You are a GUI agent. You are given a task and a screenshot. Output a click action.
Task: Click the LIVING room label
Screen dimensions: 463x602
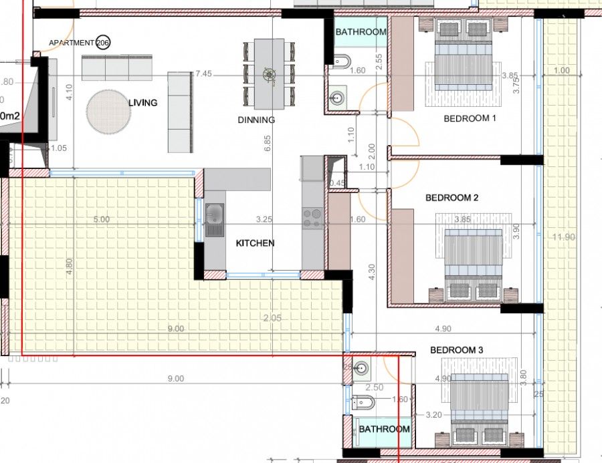tap(143, 103)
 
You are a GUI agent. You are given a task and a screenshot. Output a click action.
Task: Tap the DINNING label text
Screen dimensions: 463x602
tap(256, 120)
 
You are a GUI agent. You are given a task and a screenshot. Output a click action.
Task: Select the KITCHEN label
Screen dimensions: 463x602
tap(255, 243)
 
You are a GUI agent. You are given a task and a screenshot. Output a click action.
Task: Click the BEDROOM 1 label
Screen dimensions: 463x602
tap(470, 119)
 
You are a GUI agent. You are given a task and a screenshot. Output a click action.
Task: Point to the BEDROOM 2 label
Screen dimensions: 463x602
tap(451, 198)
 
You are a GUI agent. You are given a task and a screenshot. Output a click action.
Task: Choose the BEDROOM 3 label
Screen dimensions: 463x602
tap(456, 350)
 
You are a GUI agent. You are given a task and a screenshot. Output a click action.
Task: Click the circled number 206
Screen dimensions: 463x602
tap(103, 43)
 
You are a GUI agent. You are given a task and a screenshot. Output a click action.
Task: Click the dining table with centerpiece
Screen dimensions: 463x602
tap(270, 73)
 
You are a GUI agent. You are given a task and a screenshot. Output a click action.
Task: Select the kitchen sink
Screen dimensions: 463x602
tap(215, 220)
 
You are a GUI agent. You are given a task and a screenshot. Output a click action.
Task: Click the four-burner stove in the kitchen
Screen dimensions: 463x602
tap(312, 217)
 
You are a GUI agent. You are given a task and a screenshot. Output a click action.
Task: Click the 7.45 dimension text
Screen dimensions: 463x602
tap(203, 74)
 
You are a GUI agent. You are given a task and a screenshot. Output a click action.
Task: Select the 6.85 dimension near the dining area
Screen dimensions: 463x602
tap(267, 144)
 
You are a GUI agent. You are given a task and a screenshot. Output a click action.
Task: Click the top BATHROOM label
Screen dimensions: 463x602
tap(361, 32)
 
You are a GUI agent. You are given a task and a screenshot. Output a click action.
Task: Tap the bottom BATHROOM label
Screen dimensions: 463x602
tap(384, 429)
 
